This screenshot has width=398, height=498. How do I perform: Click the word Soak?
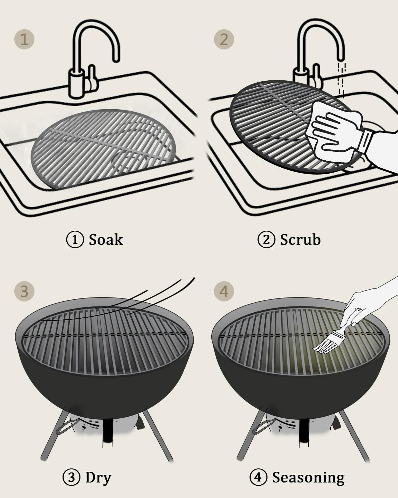pos(105,239)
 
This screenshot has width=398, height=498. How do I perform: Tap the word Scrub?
pos(300,239)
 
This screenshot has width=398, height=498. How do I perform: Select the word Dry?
pos(98,477)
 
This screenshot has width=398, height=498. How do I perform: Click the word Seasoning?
pos(308,477)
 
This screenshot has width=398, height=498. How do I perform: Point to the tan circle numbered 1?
pos(24,40)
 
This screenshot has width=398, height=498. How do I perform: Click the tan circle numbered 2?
pos(224,40)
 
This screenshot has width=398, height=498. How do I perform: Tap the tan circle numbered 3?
pos(24,291)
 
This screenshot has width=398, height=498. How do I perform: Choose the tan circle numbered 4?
pos(224,291)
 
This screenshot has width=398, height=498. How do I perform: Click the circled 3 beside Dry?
pos(71,478)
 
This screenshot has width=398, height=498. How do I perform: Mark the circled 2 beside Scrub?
pos(266,240)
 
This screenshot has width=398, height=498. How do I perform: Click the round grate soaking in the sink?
pos(103,149)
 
